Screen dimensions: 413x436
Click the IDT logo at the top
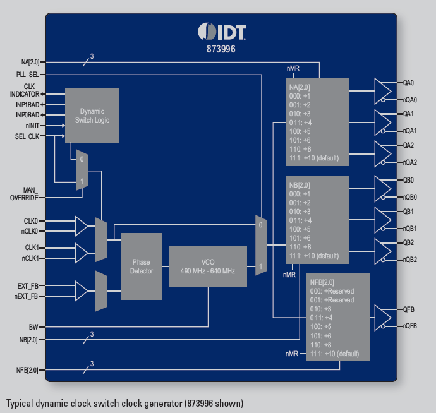(221, 31)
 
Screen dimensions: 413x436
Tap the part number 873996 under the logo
(221, 47)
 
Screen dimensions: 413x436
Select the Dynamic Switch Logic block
(92, 116)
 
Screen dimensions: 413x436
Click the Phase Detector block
(142, 266)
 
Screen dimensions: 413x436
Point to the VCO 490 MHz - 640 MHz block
(208, 266)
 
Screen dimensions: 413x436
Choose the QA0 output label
(408, 83)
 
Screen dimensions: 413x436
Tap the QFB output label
(408, 309)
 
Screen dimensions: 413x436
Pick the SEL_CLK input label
(27, 136)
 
